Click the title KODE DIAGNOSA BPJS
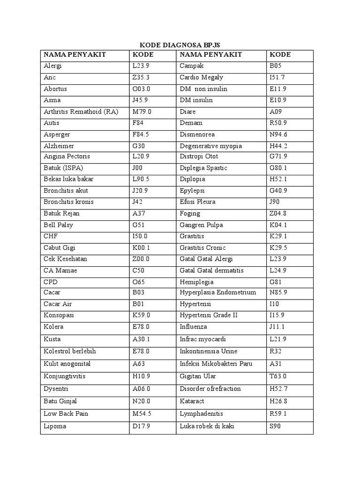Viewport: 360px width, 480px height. [180, 45]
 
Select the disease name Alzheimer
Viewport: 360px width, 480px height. [59, 146]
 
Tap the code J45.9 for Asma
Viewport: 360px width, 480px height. [141, 100]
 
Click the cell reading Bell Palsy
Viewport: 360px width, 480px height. [58, 225]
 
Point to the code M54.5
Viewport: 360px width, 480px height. [142, 413]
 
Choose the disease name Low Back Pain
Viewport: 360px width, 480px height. [66, 413]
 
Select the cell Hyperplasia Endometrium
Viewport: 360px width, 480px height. [217, 292]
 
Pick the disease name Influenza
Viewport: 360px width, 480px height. [193, 327]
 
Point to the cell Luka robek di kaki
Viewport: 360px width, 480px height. [207, 426]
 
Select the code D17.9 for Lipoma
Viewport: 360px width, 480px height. [142, 426]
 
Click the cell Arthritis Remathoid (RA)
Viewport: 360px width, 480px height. [81, 112]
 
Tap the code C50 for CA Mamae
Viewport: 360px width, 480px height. [139, 270]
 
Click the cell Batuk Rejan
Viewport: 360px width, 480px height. [61, 213]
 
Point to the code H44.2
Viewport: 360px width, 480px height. [278, 146]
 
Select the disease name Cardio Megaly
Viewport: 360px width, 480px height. [201, 77]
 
